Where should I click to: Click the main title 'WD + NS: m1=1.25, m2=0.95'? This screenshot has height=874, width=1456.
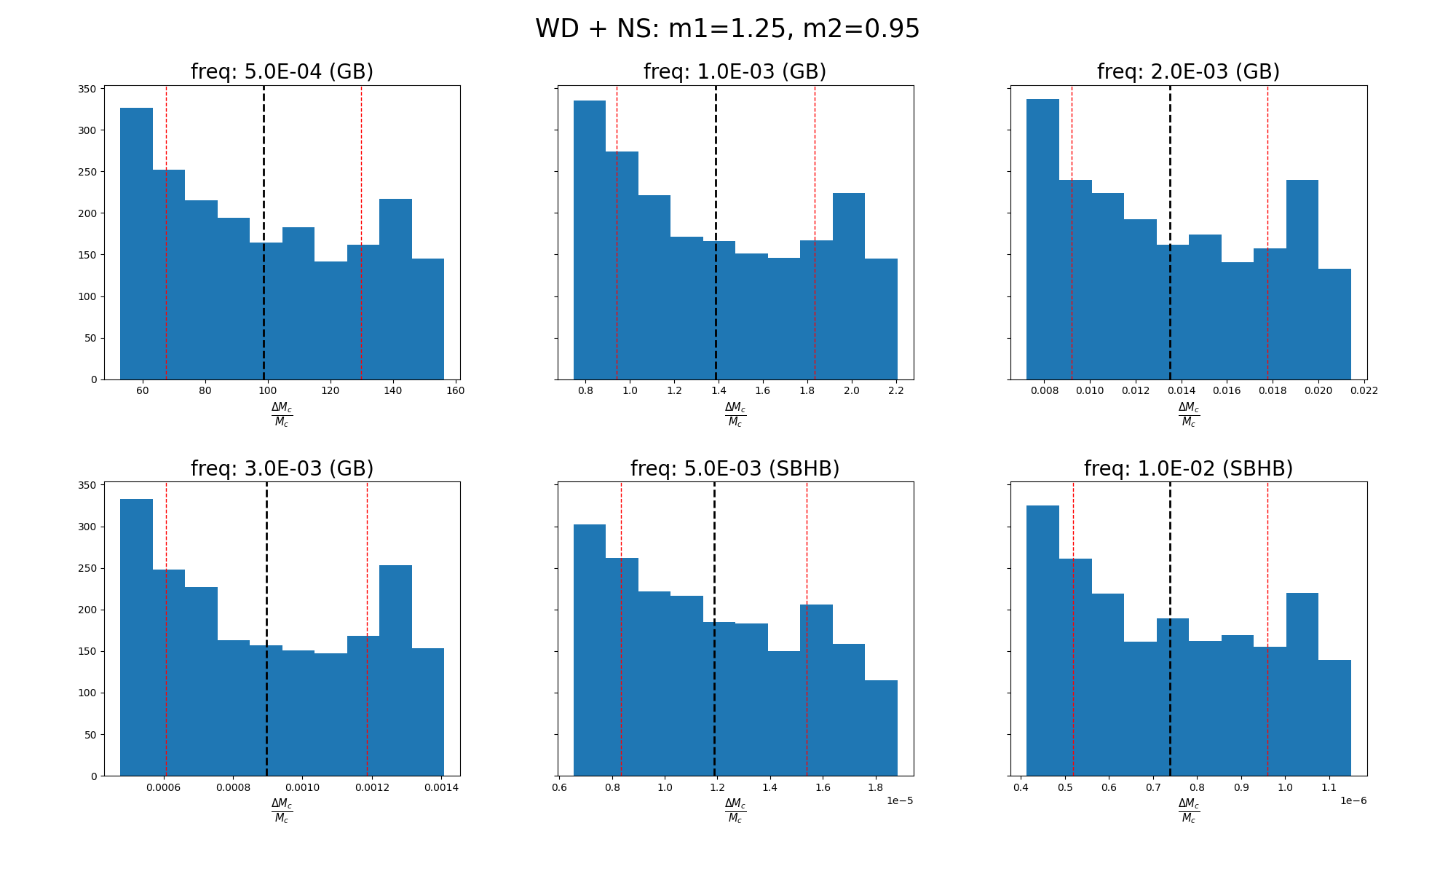tap(727, 29)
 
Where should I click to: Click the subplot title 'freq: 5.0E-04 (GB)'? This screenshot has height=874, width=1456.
tap(282, 72)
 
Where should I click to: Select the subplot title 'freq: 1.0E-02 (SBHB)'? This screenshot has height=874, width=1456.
tap(1188, 468)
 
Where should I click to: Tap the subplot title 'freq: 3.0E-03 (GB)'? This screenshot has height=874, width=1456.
tap(282, 468)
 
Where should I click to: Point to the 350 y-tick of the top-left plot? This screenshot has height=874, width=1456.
tap(87, 89)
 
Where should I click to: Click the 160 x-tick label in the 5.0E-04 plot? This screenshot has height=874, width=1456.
tap(455, 390)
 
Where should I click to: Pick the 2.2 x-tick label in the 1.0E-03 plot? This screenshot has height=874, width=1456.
tap(896, 390)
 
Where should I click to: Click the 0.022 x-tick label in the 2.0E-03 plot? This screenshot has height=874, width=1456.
tap(1364, 390)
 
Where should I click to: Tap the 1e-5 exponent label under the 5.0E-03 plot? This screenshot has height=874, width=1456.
tap(900, 801)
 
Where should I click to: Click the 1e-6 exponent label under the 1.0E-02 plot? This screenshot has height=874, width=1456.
tap(1353, 801)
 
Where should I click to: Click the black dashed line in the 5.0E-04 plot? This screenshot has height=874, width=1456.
tap(264, 219)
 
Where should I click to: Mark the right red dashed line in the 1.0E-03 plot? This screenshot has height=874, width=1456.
tap(815, 182)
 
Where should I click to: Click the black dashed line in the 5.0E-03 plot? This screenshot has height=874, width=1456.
tap(714, 583)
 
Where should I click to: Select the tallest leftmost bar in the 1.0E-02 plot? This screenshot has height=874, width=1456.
tap(1042, 641)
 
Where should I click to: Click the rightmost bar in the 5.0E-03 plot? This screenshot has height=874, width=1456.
tap(881, 728)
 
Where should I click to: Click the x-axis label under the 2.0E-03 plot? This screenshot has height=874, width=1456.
tap(1188, 414)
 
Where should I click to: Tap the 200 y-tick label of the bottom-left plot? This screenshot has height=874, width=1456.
tap(87, 610)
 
